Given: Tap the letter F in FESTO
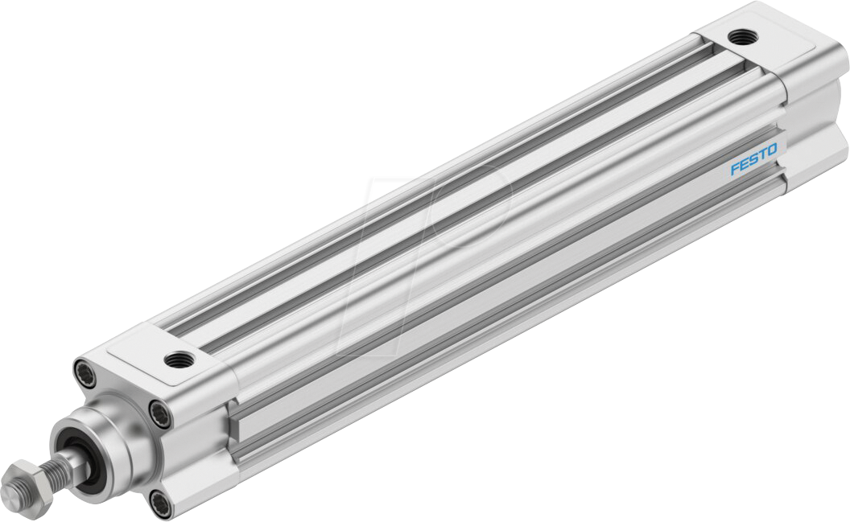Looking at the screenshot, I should pos(735,169).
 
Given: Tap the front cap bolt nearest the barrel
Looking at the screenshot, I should pos(161,414).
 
